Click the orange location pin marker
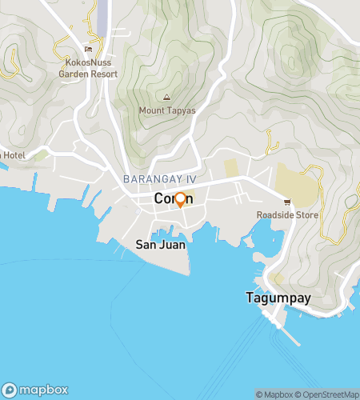(180, 199)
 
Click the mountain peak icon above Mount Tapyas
(166, 98)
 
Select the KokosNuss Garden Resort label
(87, 67)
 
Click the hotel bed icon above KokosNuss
(88, 50)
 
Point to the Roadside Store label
(287, 215)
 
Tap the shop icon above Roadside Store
(286, 201)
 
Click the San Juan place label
(160, 245)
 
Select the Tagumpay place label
(278, 298)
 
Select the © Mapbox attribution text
(274, 394)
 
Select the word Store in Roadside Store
(306, 215)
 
